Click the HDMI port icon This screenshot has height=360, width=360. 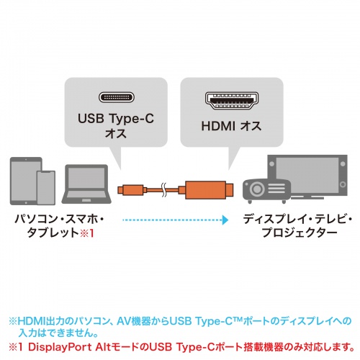pos(230,99)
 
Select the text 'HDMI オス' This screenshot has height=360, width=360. pos(230,127)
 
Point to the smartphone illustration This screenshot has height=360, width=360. pos(45,189)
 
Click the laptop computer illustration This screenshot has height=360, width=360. pos(83,187)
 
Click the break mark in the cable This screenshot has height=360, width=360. pos(166,192)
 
